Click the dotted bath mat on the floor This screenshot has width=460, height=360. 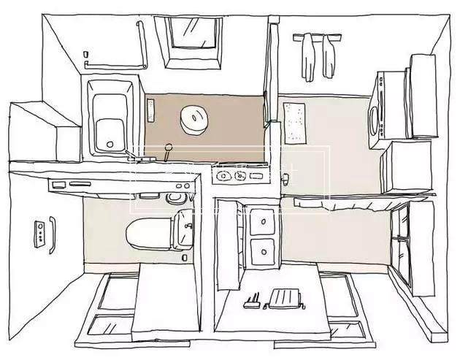pos(297,122)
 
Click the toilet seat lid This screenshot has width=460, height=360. pos(147,233)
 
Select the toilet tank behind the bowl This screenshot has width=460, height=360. pos(183,229)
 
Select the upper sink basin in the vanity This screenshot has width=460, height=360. pos(261,220)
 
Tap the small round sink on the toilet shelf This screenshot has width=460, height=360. pos(174,197)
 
